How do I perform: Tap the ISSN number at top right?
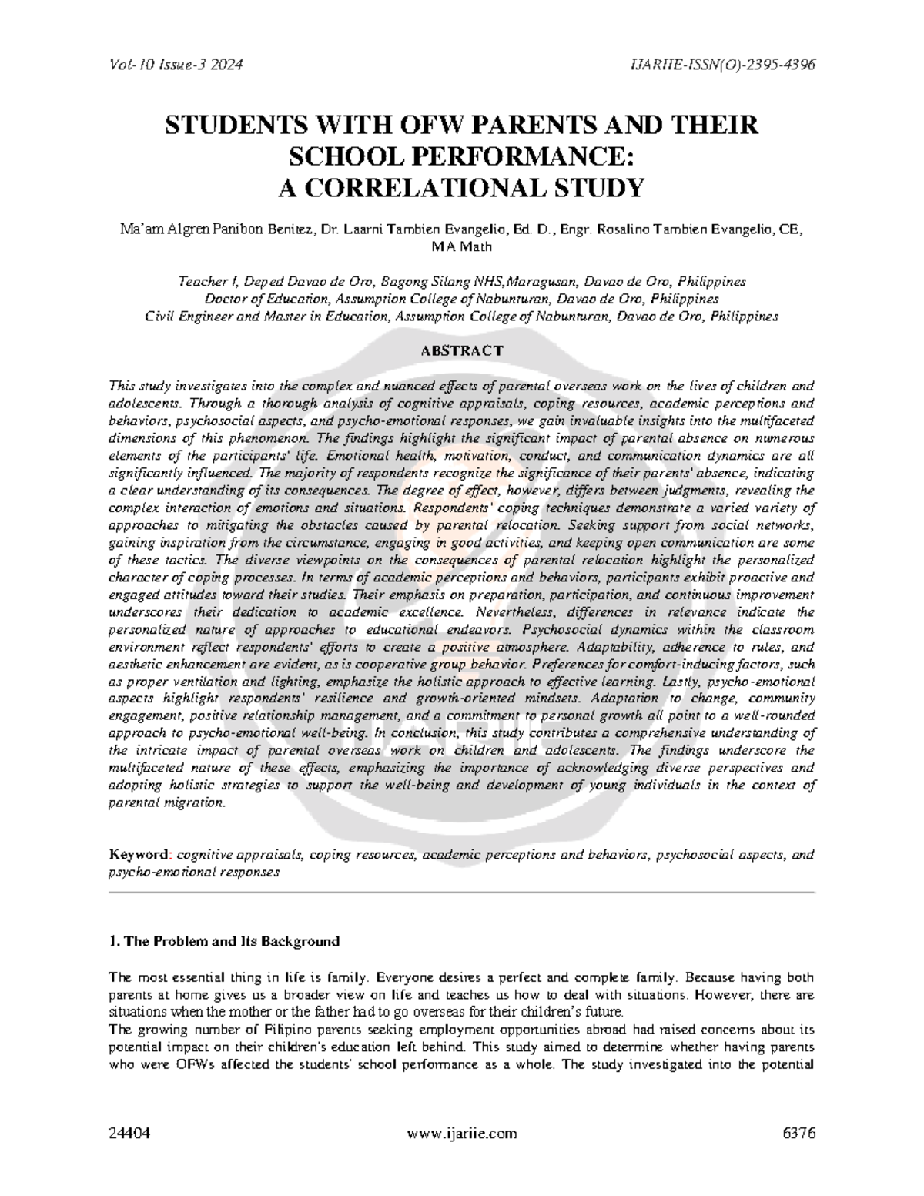pos(722,65)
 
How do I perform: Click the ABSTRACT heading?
pos(461,350)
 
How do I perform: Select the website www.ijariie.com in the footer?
pos(462,1134)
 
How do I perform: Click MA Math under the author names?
pos(461,246)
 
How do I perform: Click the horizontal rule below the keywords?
pos(461,892)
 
